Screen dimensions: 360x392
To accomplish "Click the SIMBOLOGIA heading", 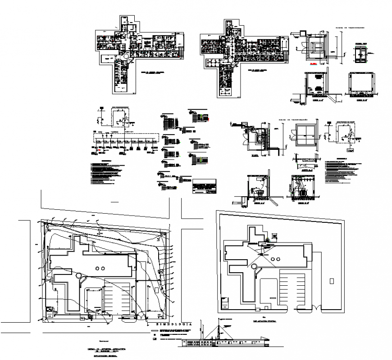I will click(x=174, y=324).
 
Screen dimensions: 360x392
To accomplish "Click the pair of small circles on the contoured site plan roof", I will click(x=100, y=268).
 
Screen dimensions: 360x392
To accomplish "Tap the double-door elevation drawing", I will click(x=360, y=53).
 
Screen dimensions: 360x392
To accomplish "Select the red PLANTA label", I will click(x=312, y=64).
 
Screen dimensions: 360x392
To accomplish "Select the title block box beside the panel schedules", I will click(x=204, y=185).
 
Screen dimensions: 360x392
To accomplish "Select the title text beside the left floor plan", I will click(x=153, y=72).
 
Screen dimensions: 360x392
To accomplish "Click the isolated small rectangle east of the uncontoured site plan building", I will click(x=332, y=281).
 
